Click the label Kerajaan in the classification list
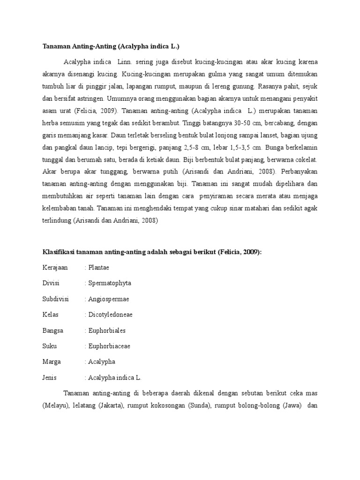(55, 268)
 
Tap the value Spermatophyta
(110, 283)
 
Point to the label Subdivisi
(55, 299)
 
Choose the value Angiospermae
(108, 299)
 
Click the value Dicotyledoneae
(110, 315)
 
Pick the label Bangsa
(52, 330)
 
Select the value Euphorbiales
(107, 330)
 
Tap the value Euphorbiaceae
(109, 346)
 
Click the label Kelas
(50, 315)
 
